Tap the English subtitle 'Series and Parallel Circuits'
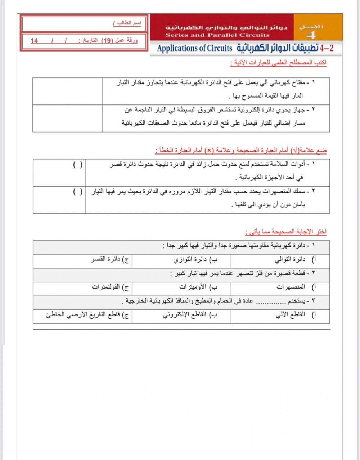point(217,35)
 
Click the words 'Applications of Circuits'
point(195,48)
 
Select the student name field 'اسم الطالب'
point(127,23)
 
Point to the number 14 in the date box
point(34,41)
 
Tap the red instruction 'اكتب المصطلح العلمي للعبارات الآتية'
point(278,63)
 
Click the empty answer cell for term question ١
point(67,91)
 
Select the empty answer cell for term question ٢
point(67,118)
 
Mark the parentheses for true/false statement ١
point(78,165)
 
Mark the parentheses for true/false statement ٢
point(78,192)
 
